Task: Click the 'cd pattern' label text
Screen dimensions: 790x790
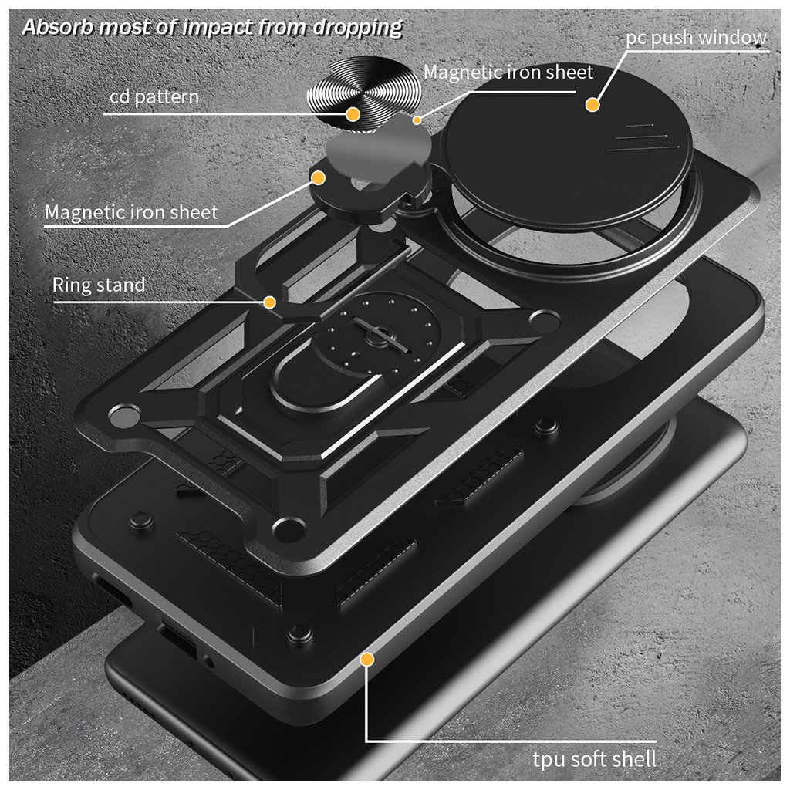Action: (x=154, y=96)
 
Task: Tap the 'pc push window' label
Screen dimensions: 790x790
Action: (x=696, y=38)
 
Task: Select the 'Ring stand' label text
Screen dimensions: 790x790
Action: (x=99, y=285)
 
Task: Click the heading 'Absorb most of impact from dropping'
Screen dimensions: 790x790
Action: (x=212, y=27)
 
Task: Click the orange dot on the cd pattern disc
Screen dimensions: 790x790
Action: (x=353, y=114)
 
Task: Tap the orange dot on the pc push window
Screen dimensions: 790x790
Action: (x=592, y=103)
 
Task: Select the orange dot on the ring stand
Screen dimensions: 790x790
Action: (x=270, y=302)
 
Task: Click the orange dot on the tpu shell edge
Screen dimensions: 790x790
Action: (x=367, y=660)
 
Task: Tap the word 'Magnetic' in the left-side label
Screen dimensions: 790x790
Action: (x=86, y=211)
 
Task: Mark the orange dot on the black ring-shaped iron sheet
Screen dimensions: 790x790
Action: (x=317, y=177)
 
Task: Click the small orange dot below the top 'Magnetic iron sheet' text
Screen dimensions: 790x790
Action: (x=417, y=120)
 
